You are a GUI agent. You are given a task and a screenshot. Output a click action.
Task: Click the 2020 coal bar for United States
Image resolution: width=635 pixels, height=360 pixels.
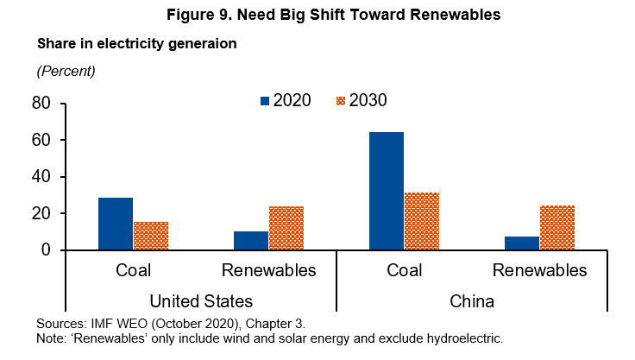[116, 224]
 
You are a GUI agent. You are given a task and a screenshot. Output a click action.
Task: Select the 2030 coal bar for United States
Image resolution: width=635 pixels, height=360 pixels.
[151, 236]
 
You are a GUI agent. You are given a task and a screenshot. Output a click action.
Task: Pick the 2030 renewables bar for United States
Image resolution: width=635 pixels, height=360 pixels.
[286, 228]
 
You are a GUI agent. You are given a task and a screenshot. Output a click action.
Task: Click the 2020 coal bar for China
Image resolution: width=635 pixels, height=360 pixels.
[387, 191]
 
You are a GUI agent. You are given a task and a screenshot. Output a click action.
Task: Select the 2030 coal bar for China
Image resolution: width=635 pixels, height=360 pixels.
[422, 221]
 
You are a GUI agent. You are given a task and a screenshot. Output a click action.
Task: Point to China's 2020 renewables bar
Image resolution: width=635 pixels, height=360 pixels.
[522, 243]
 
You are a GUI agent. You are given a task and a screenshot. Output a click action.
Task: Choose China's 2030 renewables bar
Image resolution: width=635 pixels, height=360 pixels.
[557, 227]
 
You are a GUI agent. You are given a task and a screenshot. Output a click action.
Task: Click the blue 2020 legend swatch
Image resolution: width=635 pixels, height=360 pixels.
[265, 101]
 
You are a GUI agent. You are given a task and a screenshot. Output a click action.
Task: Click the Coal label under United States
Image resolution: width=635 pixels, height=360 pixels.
[133, 271]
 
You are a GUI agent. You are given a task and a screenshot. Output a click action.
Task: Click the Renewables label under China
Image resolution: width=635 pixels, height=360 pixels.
[539, 271]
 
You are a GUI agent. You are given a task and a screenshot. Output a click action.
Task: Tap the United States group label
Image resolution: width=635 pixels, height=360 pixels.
[201, 301]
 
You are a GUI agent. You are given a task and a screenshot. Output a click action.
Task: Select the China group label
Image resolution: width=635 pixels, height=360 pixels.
[472, 301]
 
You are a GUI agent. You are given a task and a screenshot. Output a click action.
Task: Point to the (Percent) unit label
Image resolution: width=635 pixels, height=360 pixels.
[66, 70]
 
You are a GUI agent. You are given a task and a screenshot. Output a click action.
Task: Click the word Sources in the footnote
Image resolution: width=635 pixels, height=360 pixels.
[62, 323]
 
